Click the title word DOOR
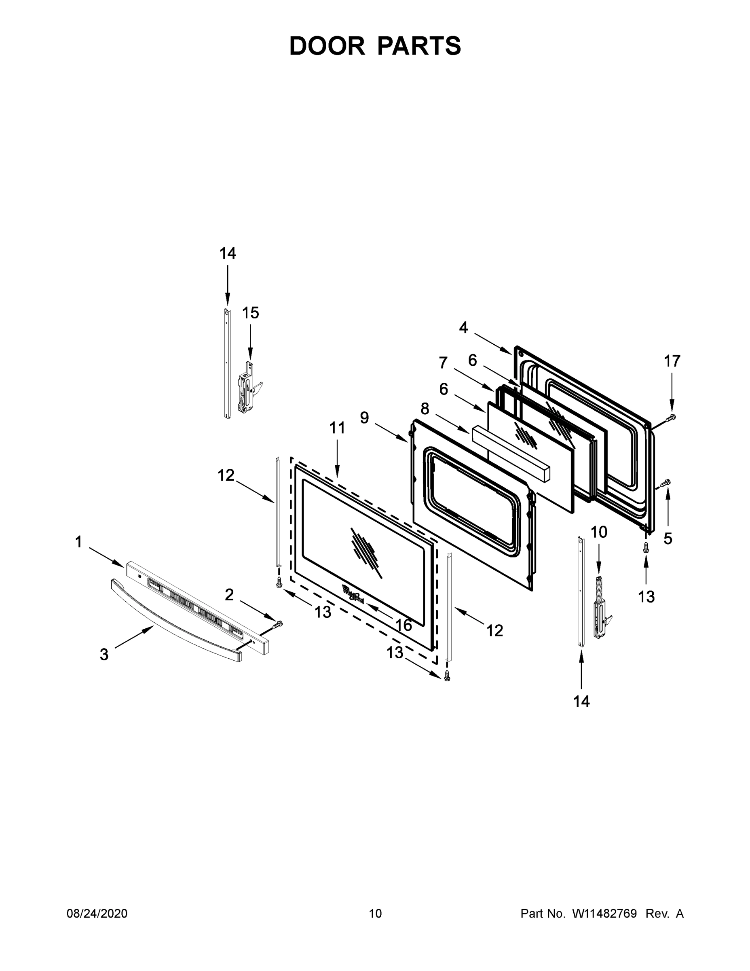click(x=327, y=46)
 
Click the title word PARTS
click(x=419, y=46)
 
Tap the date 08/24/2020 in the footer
click(x=97, y=913)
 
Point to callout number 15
click(x=250, y=313)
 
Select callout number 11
click(x=337, y=428)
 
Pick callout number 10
click(x=599, y=532)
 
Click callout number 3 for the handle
click(x=104, y=655)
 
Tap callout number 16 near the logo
click(x=404, y=625)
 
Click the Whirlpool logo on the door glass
click(x=353, y=594)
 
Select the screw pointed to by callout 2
click(x=278, y=624)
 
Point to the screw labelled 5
click(x=666, y=483)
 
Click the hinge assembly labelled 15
click(x=247, y=389)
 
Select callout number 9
click(x=364, y=418)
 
